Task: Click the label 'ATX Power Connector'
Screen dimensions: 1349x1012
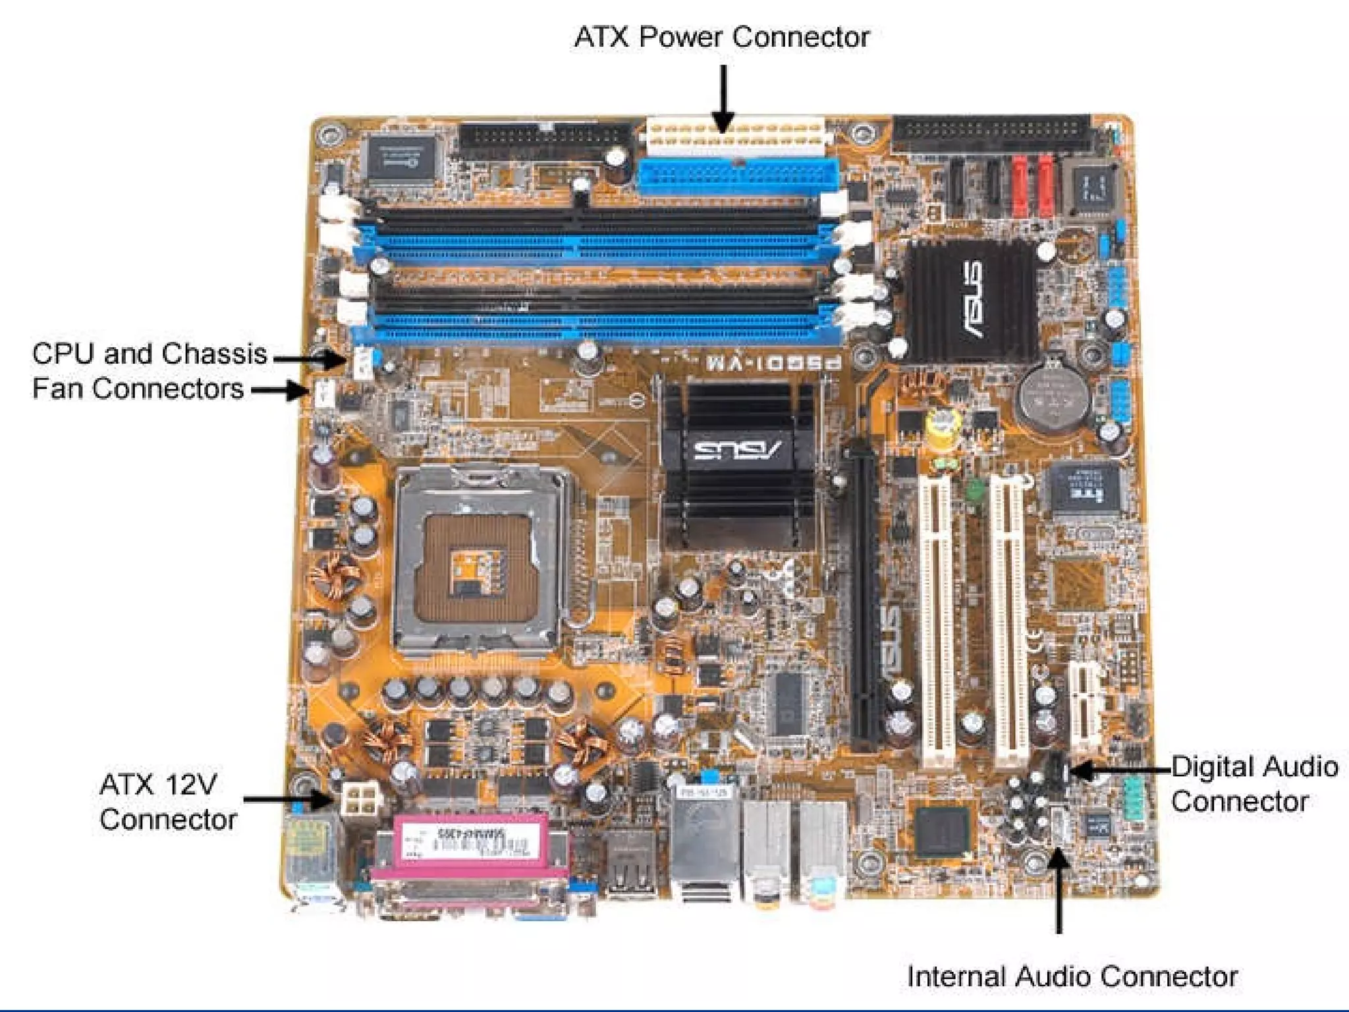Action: [721, 37]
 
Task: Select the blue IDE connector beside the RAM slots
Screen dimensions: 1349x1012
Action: [738, 177]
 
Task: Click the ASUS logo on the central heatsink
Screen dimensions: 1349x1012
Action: [737, 450]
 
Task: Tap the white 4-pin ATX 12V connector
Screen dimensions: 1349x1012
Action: [360, 799]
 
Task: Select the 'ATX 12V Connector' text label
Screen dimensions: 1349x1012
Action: [167, 802]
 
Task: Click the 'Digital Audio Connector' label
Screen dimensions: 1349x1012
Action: [1253, 784]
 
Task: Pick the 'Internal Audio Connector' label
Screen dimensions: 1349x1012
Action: [1072, 976]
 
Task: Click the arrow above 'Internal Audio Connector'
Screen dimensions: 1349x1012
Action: [1059, 889]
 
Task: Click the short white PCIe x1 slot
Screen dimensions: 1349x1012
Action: [1086, 708]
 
